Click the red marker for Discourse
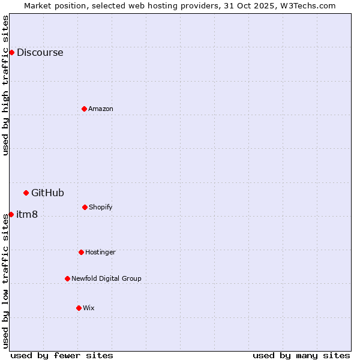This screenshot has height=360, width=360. tap(11, 52)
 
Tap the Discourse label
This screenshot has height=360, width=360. tap(40, 52)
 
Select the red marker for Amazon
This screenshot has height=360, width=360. tap(84, 109)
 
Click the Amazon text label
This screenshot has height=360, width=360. tap(100, 109)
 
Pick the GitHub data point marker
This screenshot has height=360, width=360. tap(26, 193)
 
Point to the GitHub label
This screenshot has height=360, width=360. tap(47, 193)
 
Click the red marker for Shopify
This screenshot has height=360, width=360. tap(85, 207)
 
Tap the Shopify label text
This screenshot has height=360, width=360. tap(100, 207)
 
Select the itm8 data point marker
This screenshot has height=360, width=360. tap(11, 214)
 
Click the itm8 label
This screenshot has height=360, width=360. tap(27, 214)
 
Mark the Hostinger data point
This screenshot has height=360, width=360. tap(81, 252)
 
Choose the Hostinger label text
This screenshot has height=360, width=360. tap(100, 252)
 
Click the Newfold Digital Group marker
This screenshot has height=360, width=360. tap(67, 278)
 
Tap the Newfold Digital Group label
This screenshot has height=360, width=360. tap(106, 278)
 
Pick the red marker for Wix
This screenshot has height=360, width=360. tap(79, 308)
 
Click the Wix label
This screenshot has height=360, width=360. tap(88, 308)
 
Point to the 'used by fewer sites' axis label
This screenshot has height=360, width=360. tap(62, 355)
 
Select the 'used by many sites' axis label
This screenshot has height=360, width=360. tap(301, 355)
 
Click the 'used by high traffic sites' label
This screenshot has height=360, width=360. tap(5, 85)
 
